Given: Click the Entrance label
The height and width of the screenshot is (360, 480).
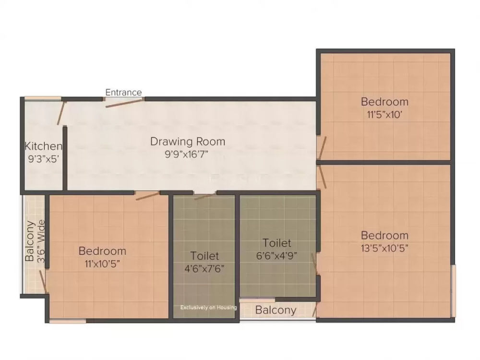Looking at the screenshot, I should pyautogui.click(x=123, y=92).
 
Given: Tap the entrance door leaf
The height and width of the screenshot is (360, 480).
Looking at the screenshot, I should pyautogui.click(x=124, y=103).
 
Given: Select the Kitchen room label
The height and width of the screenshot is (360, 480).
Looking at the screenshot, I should pyautogui.click(x=43, y=146).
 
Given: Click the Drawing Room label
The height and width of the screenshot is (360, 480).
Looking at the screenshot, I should pyautogui.click(x=188, y=142).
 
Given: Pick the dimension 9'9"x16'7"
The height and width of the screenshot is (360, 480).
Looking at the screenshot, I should pyautogui.click(x=188, y=154).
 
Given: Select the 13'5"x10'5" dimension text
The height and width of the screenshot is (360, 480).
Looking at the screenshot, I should pyautogui.click(x=384, y=248).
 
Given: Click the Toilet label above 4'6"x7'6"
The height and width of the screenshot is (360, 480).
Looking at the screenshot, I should pyautogui.click(x=204, y=256).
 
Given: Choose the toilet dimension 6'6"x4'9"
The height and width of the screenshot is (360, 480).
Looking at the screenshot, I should pyautogui.click(x=276, y=255).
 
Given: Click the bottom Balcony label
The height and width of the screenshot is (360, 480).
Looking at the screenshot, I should pyautogui.click(x=276, y=310).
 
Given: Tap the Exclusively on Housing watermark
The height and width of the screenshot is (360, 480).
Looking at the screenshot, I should pyautogui.click(x=208, y=307).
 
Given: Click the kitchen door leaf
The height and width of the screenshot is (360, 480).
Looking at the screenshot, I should pyautogui.click(x=60, y=113).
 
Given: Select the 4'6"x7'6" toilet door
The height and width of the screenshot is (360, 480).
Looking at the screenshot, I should pyautogui.click(x=205, y=196).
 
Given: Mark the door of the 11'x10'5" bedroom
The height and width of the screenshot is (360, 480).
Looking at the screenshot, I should pyautogui.click(x=147, y=195).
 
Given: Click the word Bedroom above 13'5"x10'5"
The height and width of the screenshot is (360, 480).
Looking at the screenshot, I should pyautogui.click(x=384, y=236).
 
